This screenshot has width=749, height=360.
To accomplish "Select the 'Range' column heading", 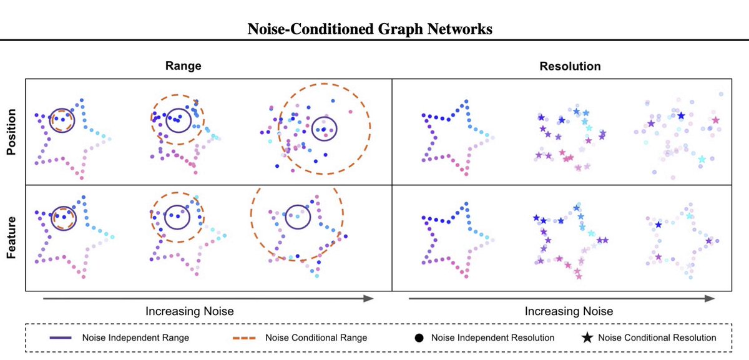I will click(184, 66).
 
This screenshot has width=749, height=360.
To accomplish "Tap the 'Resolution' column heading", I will click(570, 66).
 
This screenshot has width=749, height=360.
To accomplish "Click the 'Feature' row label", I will click(11, 238).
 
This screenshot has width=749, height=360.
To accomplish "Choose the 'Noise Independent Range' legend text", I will click(135, 338).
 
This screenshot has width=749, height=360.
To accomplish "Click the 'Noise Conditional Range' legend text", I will click(316, 338).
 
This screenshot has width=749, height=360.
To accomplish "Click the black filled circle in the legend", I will click(419, 338).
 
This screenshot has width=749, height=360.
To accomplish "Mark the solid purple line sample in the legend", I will click(62, 338).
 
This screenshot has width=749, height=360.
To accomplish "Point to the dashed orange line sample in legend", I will click(240, 338).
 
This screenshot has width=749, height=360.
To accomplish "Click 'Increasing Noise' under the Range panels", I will click(190, 310).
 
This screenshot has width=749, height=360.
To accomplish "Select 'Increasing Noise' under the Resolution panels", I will click(569, 310).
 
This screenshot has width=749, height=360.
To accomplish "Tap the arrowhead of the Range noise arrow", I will click(368, 298).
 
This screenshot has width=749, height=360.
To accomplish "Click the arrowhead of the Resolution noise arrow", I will click(709, 298).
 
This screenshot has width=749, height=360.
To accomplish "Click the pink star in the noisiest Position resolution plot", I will click(715, 120).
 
